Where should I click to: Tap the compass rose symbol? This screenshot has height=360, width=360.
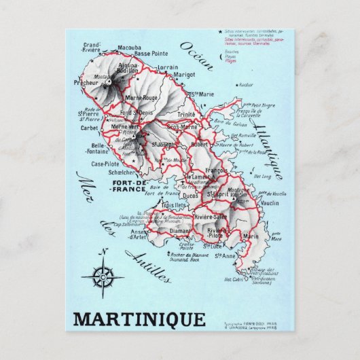coord(103,277)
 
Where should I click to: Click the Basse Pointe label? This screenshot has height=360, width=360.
coord(151,54)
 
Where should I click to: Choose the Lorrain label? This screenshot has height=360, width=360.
coord(167,67)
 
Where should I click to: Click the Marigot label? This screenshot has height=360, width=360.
coord(185,76)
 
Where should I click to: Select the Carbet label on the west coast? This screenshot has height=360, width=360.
coord(90,127)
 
